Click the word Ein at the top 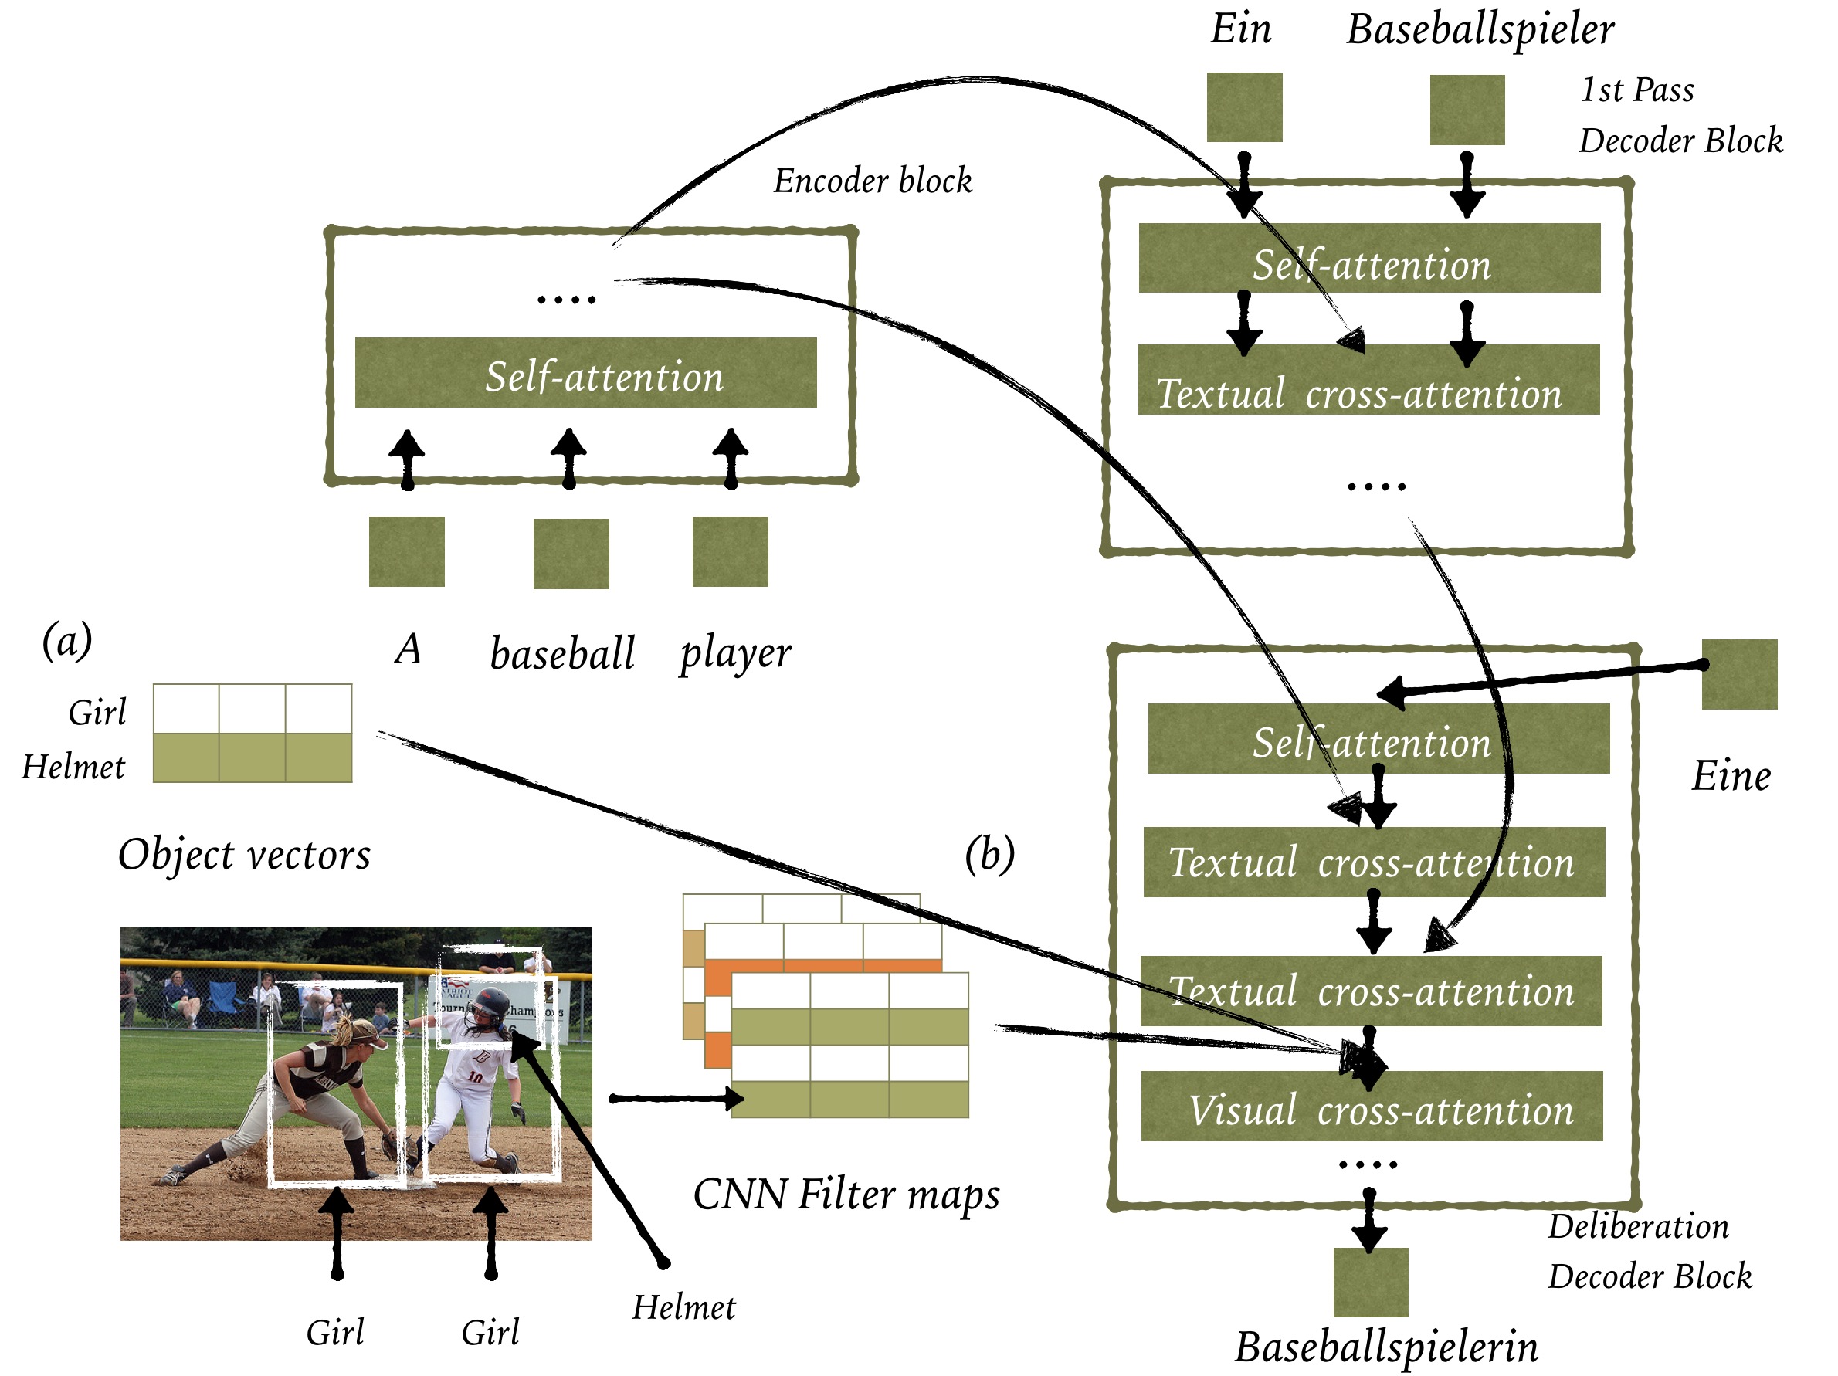pos(1240,29)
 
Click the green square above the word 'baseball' pos(571,554)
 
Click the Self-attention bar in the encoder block pos(586,372)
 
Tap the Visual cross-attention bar pos(1372,1106)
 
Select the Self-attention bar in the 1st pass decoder pos(1369,258)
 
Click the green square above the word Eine pos(1740,674)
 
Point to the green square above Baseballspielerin pos(1371,1282)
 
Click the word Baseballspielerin pos(1386,1347)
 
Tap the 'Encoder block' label pos(873,181)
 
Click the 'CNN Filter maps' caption pos(846,1195)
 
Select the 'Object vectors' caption pos(244,854)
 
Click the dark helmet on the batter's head pos(489,1005)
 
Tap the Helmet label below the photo pos(684,1307)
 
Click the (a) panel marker pos(67,642)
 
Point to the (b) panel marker pos(989,854)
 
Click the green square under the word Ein pos(1245,107)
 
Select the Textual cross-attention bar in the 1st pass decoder pos(1369,380)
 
